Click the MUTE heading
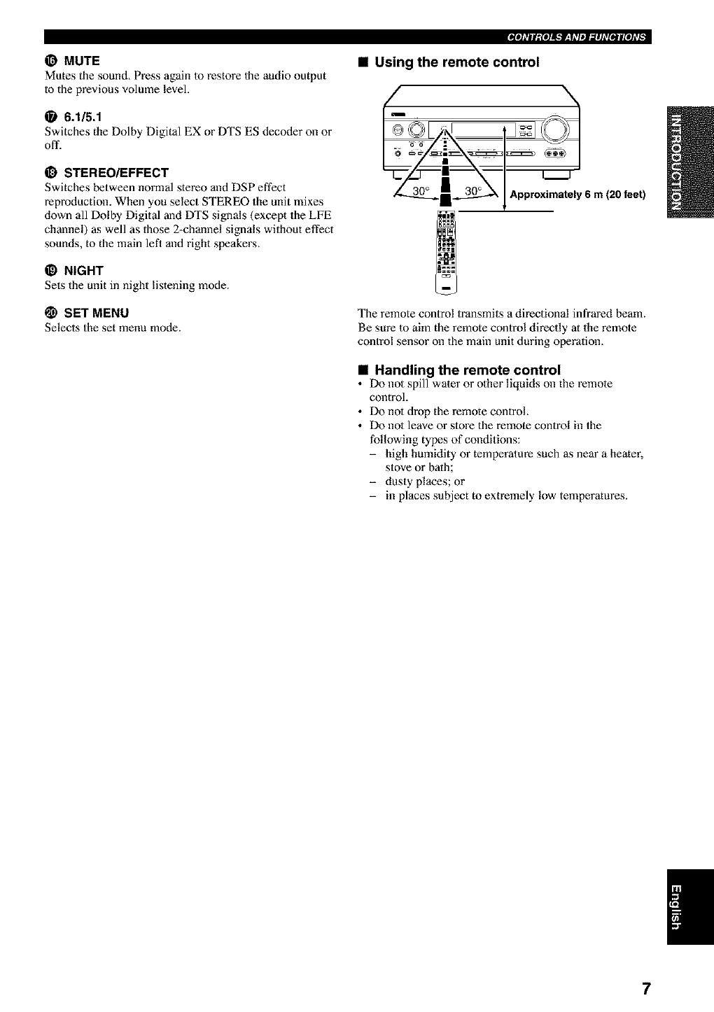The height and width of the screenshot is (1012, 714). [82, 60]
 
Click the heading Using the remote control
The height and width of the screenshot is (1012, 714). [457, 62]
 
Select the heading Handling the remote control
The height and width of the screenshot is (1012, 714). [468, 369]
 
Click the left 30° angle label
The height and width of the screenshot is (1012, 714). [420, 192]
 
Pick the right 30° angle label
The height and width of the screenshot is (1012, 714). [475, 192]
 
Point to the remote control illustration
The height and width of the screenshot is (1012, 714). [446, 248]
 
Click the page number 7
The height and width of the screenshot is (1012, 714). [646, 988]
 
